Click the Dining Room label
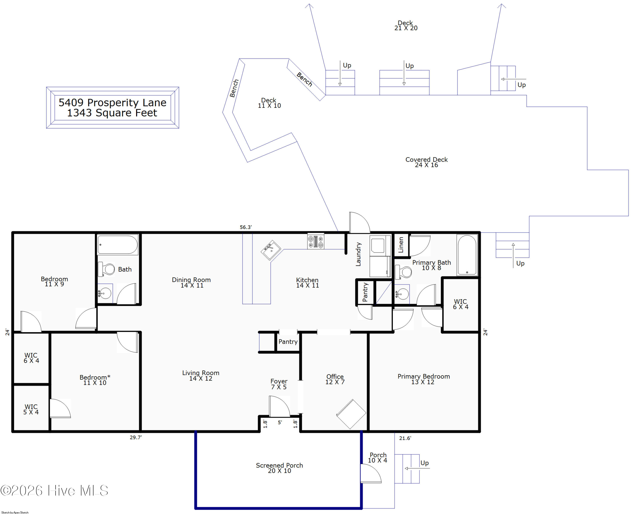pyautogui.click(x=191, y=282)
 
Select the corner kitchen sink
pyautogui.click(x=271, y=250)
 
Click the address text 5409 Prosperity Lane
pyautogui.click(x=112, y=102)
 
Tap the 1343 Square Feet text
pyautogui.click(x=112, y=113)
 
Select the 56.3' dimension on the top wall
pyautogui.click(x=246, y=227)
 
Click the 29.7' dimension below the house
pyautogui.click(x=136, y=437)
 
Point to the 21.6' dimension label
pyautogui.click(x=405, y=438)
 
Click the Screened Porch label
pyautogui.click(x=279, y=468)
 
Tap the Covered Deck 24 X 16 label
pyautogui.click(x=427, y=162)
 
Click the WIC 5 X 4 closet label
pyautogui.click(x=31, y=409)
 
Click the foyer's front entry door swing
pyautogui.click(x=279, y=406)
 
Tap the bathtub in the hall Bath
pyautogui.click(x=118, y=245)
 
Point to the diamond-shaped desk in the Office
pyautogui.click(x=351, y=414)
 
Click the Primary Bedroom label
pyautogui.click(x=424, y=379)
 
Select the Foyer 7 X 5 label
pyautogui.click(x=279, y=384)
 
